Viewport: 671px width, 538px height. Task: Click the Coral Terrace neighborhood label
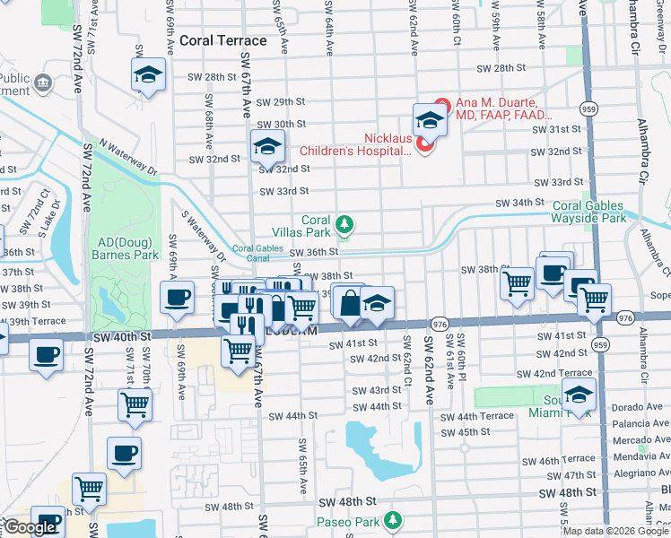tap(223, 40)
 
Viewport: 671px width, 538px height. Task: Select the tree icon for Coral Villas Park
tap(343, 223)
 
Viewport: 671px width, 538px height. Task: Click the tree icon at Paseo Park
tap(392, 520)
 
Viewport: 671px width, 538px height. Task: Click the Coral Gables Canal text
tap(251, 254)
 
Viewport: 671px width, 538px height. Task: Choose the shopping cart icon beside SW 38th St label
tap(518, 283)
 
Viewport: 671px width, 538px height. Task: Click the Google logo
tap(30, 527)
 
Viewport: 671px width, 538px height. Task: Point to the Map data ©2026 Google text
tap(615, 531)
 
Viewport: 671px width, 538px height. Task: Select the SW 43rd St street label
tap(376, 390)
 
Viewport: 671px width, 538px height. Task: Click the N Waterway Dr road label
tap(127, 156)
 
